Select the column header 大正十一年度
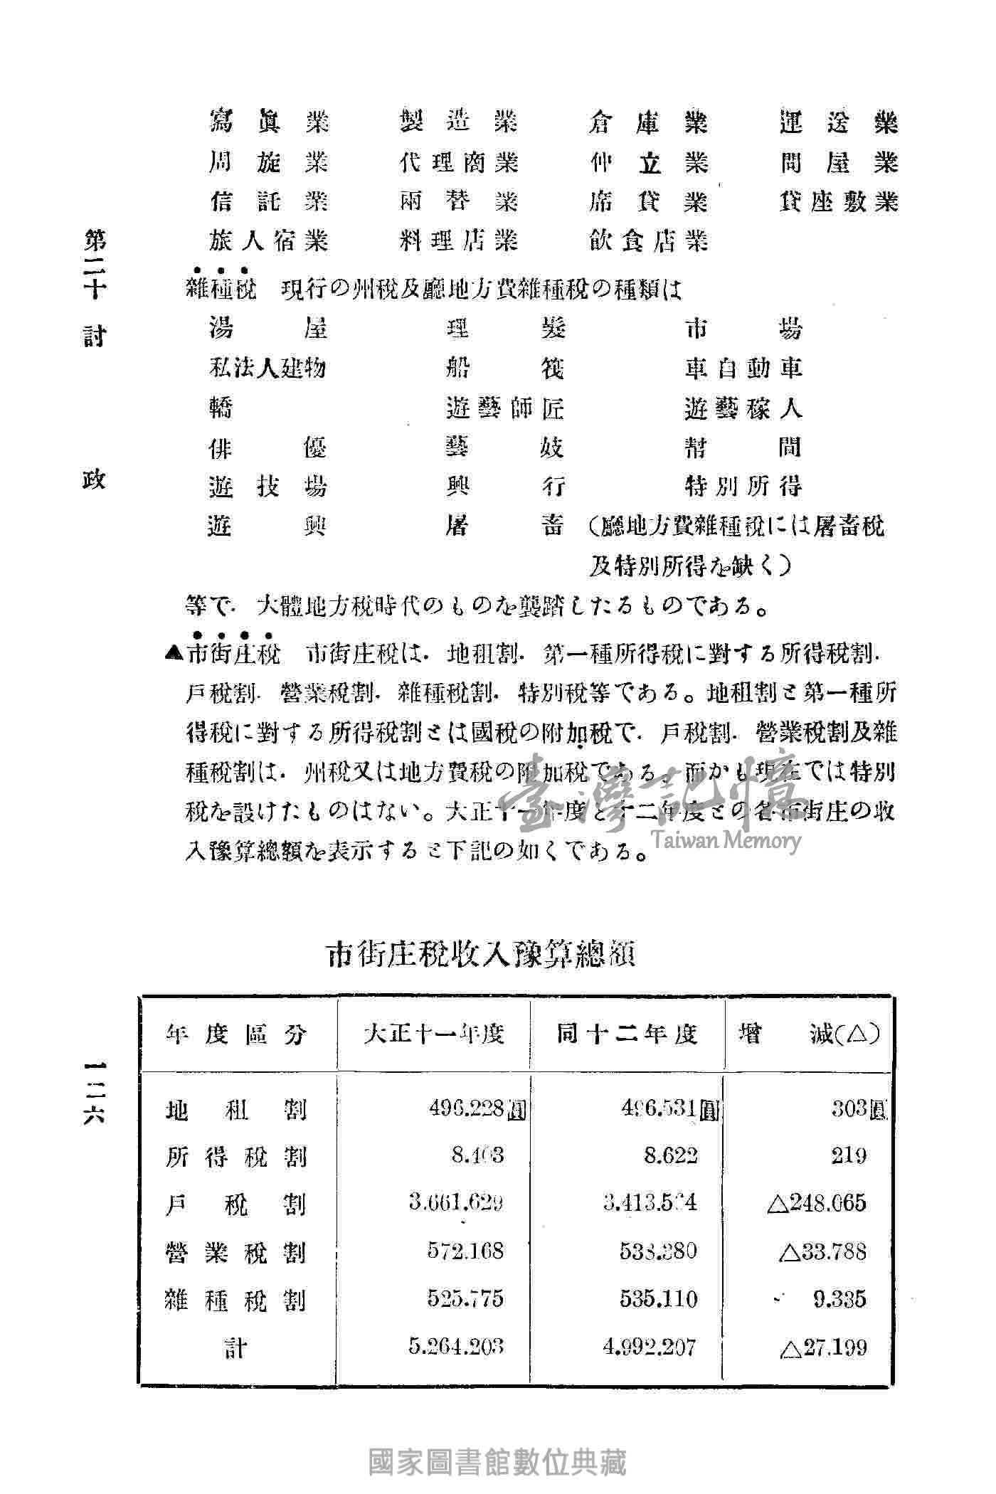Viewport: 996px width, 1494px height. [x=433, y=1034]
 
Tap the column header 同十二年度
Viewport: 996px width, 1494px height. [x=626, y=1034]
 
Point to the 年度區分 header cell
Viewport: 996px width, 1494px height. [x=236, y=1034]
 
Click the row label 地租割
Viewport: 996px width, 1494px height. [x=236, y=1109]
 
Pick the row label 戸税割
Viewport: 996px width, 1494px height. [x=236, y=1204]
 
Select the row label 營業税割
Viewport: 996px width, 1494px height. [x=236, y=1251]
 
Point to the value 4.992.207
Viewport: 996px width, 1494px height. [x=649, y=1346]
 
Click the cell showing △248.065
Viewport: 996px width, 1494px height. [x=817, y=1203]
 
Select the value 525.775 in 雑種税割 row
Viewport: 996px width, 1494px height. [x=466, y=1298]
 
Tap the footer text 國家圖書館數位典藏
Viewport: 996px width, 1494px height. [x=497, y=1461]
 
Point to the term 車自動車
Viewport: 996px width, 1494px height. [x=743, y=368]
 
